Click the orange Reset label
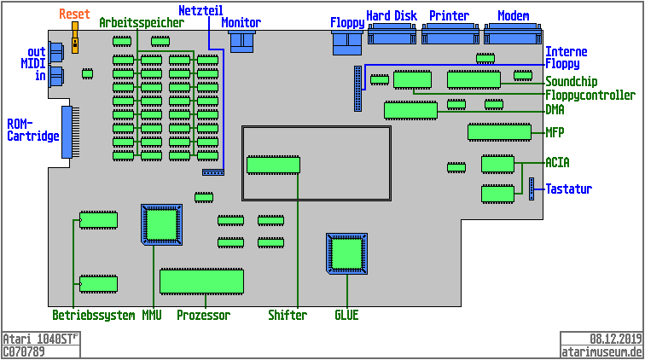pyautogui.click(x=74, y=15)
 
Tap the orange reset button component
pyautogui.click(x=75, y=39)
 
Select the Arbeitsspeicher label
pyautogui.click(x=141, y=23)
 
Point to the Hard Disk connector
pyautogui.click(x=391, y=35)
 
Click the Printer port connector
pyautogui.click(x=450, y=35)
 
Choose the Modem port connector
pyautogui.click(x=512, y=35)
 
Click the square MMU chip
pyautogui.click(x=162, y=224)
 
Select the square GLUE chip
pyautogui.click(x=347, y=253)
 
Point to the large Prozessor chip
pyautogui.click(x=201, y=281)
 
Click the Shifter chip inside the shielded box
pyautogui.click(x=273, y=165)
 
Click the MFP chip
pyautogui.click(x=499, y=132)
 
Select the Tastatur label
pyautogui.click(x=569, y=189)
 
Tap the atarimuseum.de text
pyautogui.click(x=601, y=351)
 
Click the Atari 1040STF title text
pyautogui.click(x=40, y=339)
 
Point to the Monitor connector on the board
pyautogui.click(x=243, y=41)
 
